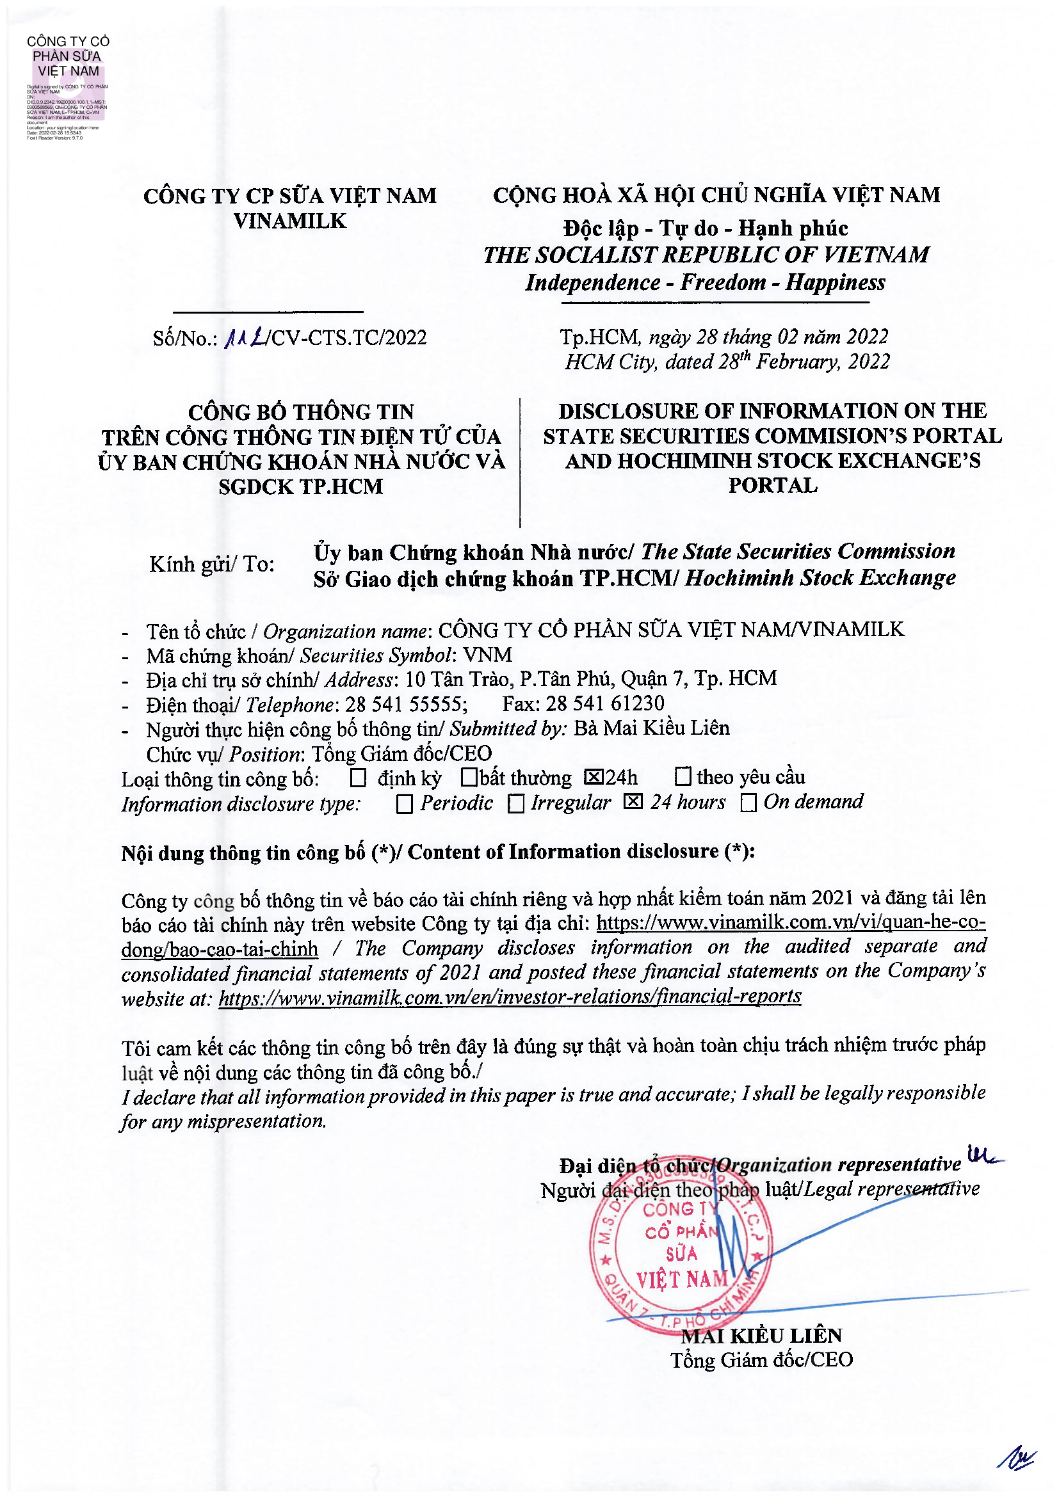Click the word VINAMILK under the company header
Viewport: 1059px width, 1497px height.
(x=289, y=221)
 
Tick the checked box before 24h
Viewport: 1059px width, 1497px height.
(x=594, y=777)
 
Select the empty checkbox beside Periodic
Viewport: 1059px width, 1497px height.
(x=404, y=804)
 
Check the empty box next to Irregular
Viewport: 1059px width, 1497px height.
(x=516, y=804)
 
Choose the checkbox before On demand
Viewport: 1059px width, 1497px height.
(x=748, y=803)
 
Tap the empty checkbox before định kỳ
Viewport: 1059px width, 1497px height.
(x=358, y=778)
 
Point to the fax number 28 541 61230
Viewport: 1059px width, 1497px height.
(x=604, y=703)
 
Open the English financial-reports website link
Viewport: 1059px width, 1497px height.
(x=509, y=997)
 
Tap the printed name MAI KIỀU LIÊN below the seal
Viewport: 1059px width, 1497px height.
(x=761, y=1335)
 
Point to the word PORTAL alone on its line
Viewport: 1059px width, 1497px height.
(x=772, y=486)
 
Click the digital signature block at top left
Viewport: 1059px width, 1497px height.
(x=67, y=86)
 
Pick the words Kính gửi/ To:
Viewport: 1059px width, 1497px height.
(x=212, y=564)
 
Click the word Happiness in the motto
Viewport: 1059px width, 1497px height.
(x=836, y=282)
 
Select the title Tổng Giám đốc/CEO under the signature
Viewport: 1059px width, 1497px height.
(x=762, y=1360)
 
